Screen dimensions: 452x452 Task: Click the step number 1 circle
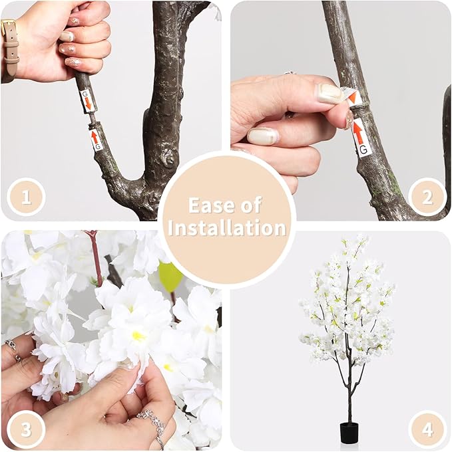pos(26,197)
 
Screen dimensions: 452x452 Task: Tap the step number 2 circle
pos(427,197)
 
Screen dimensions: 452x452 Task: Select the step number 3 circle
pos(26,429)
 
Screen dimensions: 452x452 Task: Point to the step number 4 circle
pos(427,429)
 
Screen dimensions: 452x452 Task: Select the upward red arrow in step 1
pos(95,137)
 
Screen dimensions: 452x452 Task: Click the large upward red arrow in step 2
pos(358,131)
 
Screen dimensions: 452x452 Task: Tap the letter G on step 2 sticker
pos(363,150)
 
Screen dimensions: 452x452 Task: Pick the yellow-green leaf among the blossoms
pos(170,275)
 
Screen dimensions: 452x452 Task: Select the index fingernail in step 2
pos(330,93)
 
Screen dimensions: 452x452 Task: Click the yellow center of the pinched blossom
pos(138,336)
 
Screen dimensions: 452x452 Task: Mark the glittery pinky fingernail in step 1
pos(75,62)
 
